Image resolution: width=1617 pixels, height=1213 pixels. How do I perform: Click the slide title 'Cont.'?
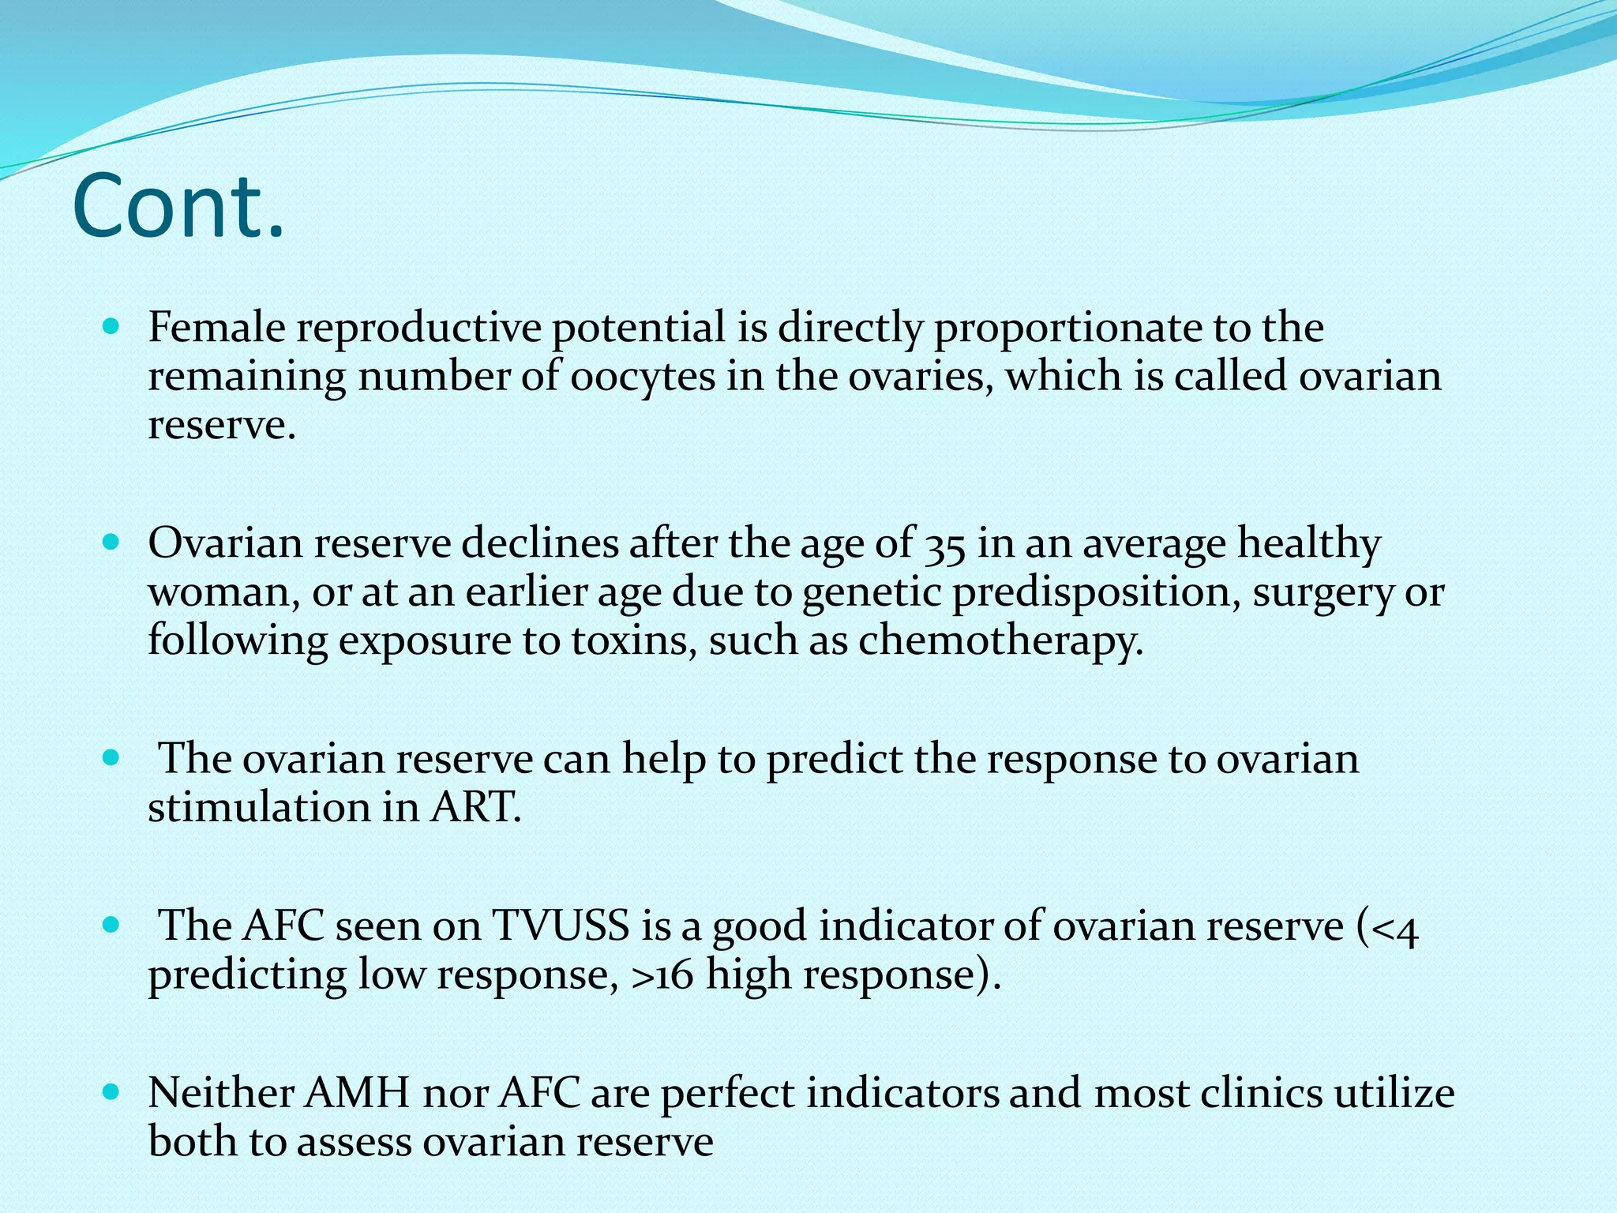pos(178,207)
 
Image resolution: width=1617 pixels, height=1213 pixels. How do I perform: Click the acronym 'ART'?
pos(473,808)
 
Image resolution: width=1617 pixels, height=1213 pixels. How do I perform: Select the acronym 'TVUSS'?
pos(560,926)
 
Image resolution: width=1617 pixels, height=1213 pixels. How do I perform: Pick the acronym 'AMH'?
pos(357,1094)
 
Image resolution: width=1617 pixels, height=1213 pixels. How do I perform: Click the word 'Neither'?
pos(220,1094)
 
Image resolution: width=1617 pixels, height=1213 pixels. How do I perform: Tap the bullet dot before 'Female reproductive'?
pos(111,325)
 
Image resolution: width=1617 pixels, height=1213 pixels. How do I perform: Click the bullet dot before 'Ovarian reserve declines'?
pos(111,543)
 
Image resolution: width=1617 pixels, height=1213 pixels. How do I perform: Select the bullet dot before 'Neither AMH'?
pos(111,1092)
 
